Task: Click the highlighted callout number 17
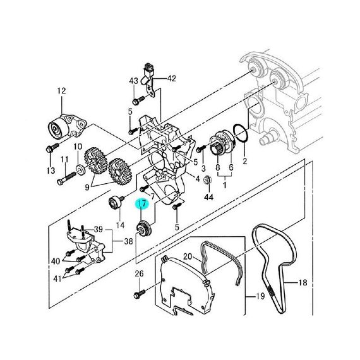pos(142,203)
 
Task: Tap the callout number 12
pos(61,91)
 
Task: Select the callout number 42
pos(172,78)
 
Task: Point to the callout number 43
pos(134,81)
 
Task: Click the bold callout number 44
pos(208,197)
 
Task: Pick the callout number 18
pos(303,282)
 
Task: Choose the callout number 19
pos(260,296)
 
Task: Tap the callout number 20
pos(188,256)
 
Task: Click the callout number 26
pos(139,273)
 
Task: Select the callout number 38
pos(129,241)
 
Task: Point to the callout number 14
pos(120,225)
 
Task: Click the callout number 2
pos(245,161)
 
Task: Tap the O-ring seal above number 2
pos(241,133)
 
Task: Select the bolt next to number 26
pos(139,294)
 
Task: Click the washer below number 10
pos(80,170)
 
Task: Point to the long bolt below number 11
pos(66,179)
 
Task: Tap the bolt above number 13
pos(52,147)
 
